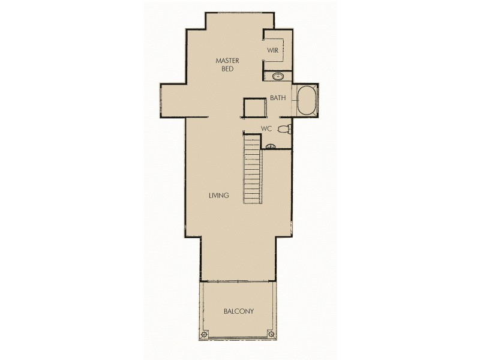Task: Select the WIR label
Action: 273,50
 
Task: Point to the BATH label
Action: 277,98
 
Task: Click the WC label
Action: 267,129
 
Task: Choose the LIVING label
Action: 219,196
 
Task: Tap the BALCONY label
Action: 239,311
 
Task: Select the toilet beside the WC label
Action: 286,128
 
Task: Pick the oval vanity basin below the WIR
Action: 278,76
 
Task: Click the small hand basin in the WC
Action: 270,145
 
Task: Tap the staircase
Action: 252,169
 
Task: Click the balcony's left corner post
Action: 205,334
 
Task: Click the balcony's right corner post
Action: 272,334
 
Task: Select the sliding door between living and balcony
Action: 238,281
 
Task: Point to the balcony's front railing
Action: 239,340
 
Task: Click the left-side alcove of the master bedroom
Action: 173,100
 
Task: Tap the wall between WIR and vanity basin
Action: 277,70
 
